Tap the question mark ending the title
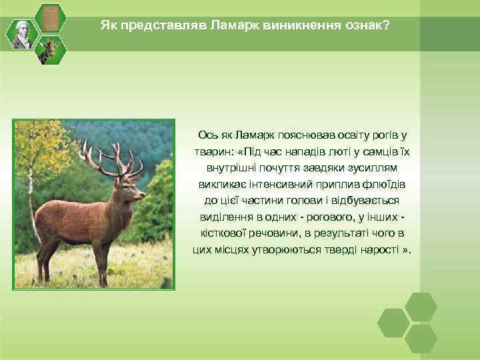(387, 25)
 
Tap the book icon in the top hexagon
(49, 18)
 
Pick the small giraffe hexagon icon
(49, 49)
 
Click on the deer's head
(133, 189)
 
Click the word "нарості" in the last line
(378, 250)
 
